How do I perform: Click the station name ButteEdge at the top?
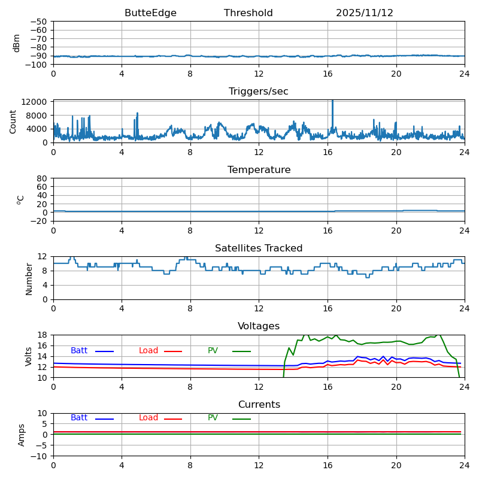click(x=150, y=13)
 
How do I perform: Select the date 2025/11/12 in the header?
click(x=364, y=13)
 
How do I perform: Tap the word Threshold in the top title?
click(x=248, y=13)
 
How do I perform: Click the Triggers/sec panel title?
click(x=259, y=92)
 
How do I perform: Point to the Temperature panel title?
click(x=259, y=170)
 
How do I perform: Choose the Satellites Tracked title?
click(x=259, y=248)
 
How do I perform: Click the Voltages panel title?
click(x=259, y=326)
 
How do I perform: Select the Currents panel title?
click(x=259, y=405)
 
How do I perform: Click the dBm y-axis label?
click(x=17, y=43)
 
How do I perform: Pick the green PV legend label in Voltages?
click(x=213, y=351)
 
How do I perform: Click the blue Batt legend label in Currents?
click(x=79, y=418)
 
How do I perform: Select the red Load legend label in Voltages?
click(x=148, y=351)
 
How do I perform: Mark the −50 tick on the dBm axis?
click(x=38, y=22)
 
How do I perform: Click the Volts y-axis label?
click(x=29, y=356)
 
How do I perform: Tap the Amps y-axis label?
click(x=22, y=435)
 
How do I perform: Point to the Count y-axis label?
click(x=13, y=122)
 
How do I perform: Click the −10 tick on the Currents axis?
click(x=38, y=456)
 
